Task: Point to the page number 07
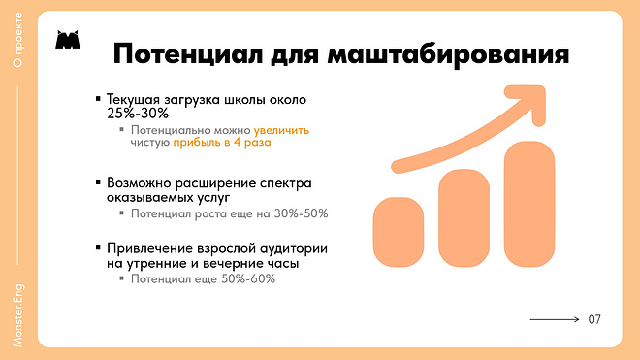[594, 319]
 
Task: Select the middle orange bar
[466, 216]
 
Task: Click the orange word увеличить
[282, 129]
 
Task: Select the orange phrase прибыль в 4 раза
[221, 143]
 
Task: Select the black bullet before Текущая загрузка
[98, 98]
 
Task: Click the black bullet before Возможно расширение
[98, 182]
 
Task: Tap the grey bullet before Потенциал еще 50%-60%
[121, 278]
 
